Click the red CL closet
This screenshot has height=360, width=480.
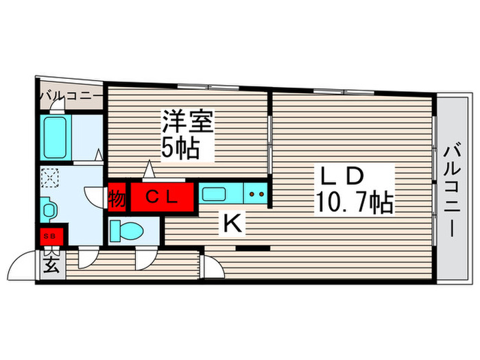point(163,197)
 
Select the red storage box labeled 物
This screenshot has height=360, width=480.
point(117,197)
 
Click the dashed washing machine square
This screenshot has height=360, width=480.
point(50,177)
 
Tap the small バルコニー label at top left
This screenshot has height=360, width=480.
point(70,95)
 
